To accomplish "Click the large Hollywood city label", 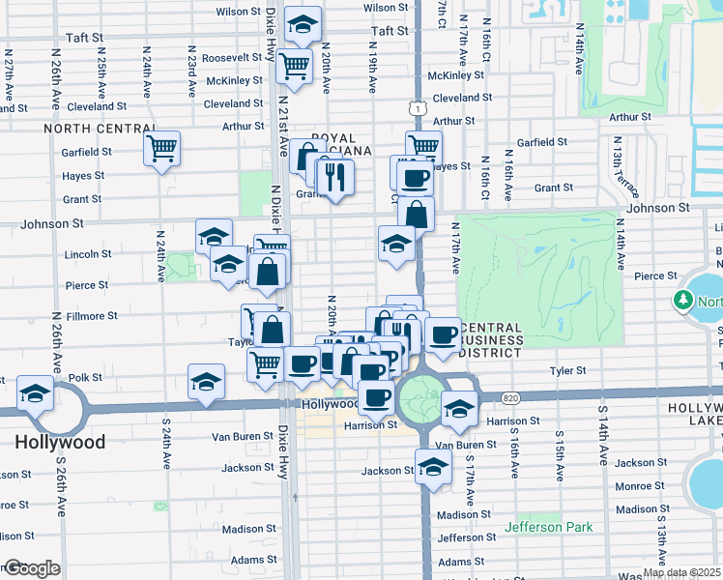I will [x=60, y=442].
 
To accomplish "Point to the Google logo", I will [x=31, y=568].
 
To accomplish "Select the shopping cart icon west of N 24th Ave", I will [x=162, y=150].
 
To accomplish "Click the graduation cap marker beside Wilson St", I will [x=304, y=25].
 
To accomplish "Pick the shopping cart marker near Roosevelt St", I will [x=294, y=67].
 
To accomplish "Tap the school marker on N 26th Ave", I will [x=36, y=393].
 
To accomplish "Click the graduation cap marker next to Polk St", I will [x=206, y=382].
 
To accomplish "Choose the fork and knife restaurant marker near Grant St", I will [x=336, y=177].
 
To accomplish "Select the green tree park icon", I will [x=683, y=302].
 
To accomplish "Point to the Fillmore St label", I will [x=91, y=315].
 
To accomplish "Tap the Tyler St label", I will [x=567, y=370].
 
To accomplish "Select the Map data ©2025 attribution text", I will [x=682, y=573].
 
